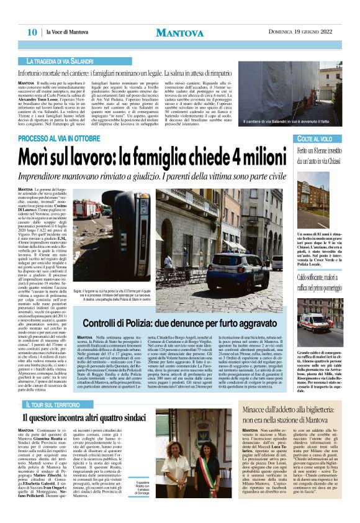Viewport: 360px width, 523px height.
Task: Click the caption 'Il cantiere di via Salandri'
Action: [x=292, y=122]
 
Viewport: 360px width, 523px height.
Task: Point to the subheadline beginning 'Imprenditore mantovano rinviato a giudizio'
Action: [x=186, y=177]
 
